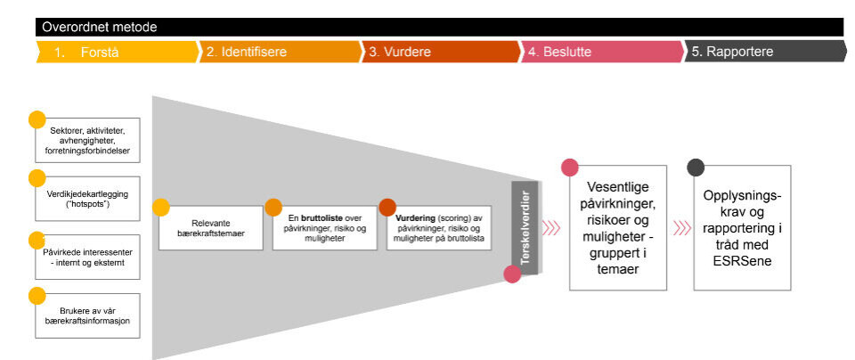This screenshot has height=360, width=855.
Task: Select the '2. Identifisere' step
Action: pos(247,53)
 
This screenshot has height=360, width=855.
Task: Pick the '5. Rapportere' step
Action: pos(732,53)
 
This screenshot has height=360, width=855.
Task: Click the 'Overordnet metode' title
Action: pos(99,27)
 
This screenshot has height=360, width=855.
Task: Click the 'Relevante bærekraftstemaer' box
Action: pos(210,228)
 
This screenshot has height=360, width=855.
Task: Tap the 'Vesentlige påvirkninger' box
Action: pos(618,227)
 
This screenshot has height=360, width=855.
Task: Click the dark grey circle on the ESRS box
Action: pos(696,168)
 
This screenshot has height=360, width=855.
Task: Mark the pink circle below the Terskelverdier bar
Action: pos(512,274)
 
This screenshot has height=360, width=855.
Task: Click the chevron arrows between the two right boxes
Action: pos(682,227)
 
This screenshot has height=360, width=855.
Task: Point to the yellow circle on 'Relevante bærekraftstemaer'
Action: pos(161,208)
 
